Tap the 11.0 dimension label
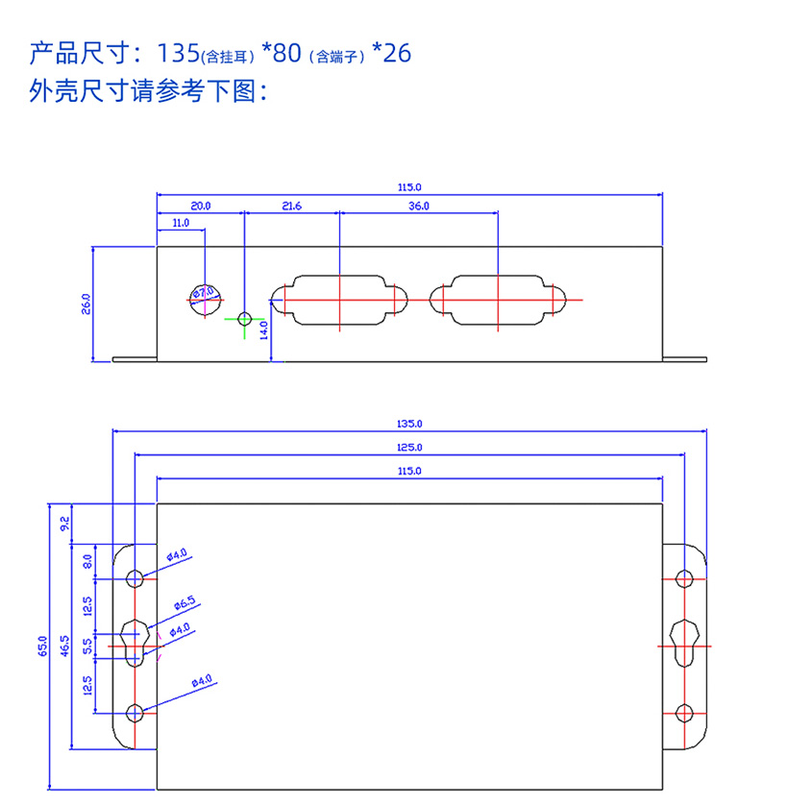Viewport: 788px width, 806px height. point(180,223)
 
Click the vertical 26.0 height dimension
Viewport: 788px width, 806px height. point(86,305)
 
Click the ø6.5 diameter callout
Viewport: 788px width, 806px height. point(185,604)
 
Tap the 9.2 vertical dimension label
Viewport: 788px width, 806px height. point(64,524)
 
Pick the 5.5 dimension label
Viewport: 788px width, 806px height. point(88,647)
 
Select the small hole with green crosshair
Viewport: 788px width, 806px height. point(245,318)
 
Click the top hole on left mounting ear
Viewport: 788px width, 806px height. point(135,578)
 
